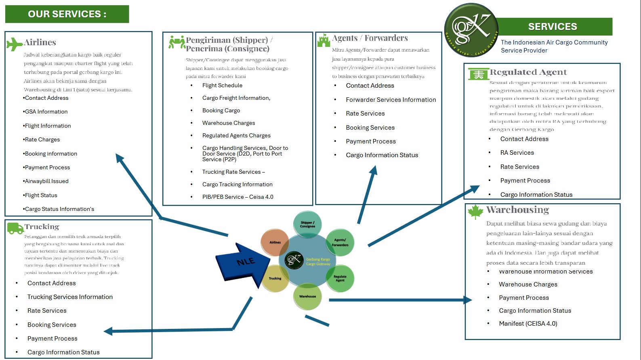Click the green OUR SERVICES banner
point(67,14)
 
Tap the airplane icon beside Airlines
point(15,44)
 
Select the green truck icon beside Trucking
point(15,228)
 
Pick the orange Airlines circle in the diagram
point(275,242)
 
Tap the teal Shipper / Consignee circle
point(307,224)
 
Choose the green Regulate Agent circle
point(340,278)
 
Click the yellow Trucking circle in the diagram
point(275,278)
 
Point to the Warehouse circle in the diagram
point(307,296)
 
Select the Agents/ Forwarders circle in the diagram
point(340,242)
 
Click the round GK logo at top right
point(471,30)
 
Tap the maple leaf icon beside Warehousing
point(475,211)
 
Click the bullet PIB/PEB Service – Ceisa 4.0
point(237,197)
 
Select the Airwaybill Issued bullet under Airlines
point(46,181)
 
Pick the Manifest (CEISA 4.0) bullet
point(528,324)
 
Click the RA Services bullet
point(517,153)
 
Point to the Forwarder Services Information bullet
point(391,100)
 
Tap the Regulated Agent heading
point(528,72)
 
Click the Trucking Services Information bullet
point(70,297)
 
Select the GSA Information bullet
point(46,112)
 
